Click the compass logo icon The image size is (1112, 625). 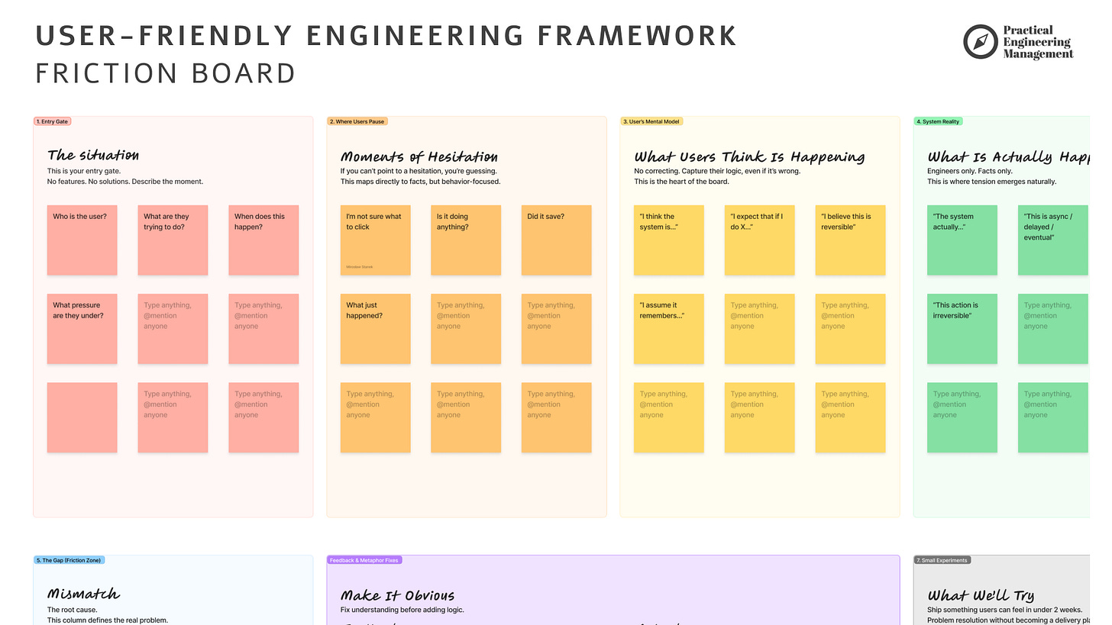[981, 41]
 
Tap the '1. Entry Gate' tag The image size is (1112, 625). [53, 121]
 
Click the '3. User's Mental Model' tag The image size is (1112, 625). [651, 121]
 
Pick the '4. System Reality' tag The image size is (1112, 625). [939, 121]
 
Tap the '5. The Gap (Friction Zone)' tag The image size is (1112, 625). [69, 560]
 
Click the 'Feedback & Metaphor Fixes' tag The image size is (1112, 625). [364, 560]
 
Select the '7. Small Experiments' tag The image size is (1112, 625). [942, 560]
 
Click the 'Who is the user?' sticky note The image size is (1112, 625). [82, 240]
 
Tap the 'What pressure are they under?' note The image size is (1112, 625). [82, 329]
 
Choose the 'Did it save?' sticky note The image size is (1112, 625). [556, 240]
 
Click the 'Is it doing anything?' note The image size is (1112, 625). [466, 240]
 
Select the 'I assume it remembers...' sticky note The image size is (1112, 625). [668, 329]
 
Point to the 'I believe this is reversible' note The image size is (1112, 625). [850, 240]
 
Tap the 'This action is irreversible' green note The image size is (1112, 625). [962, 329]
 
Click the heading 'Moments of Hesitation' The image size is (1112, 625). [419, 156]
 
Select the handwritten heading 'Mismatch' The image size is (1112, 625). [83, 594]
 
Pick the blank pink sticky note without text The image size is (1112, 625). [82, 417]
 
